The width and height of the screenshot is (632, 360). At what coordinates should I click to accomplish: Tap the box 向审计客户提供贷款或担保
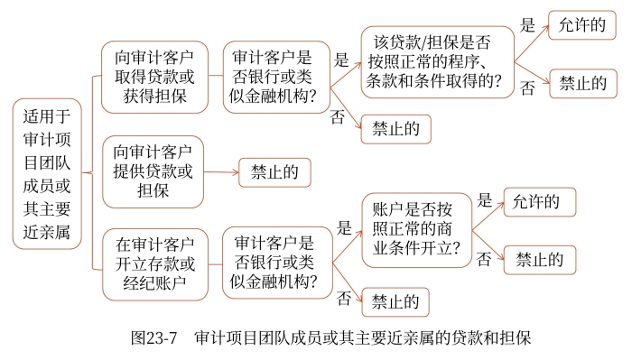[153, 171]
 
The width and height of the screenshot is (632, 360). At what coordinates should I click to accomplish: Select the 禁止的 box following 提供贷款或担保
[274, 171]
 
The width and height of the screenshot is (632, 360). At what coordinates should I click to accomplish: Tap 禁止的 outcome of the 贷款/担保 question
[582, 84]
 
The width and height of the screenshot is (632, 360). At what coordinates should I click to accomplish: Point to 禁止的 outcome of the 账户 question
[540, 260]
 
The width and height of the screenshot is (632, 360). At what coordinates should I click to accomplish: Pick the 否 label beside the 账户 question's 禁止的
[485, 260]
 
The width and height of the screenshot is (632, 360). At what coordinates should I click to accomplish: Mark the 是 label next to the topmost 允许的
[528, 26]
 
